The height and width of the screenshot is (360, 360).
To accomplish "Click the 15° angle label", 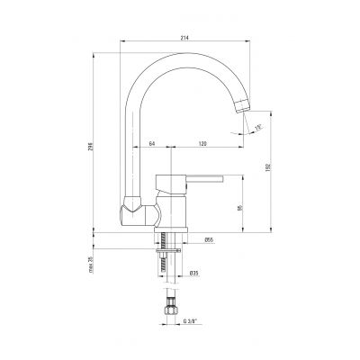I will click(x=258, y=128).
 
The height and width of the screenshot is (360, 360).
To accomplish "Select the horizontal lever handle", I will click(x=199, y=181).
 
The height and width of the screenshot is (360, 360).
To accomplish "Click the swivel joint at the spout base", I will click(x=130, y=212).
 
